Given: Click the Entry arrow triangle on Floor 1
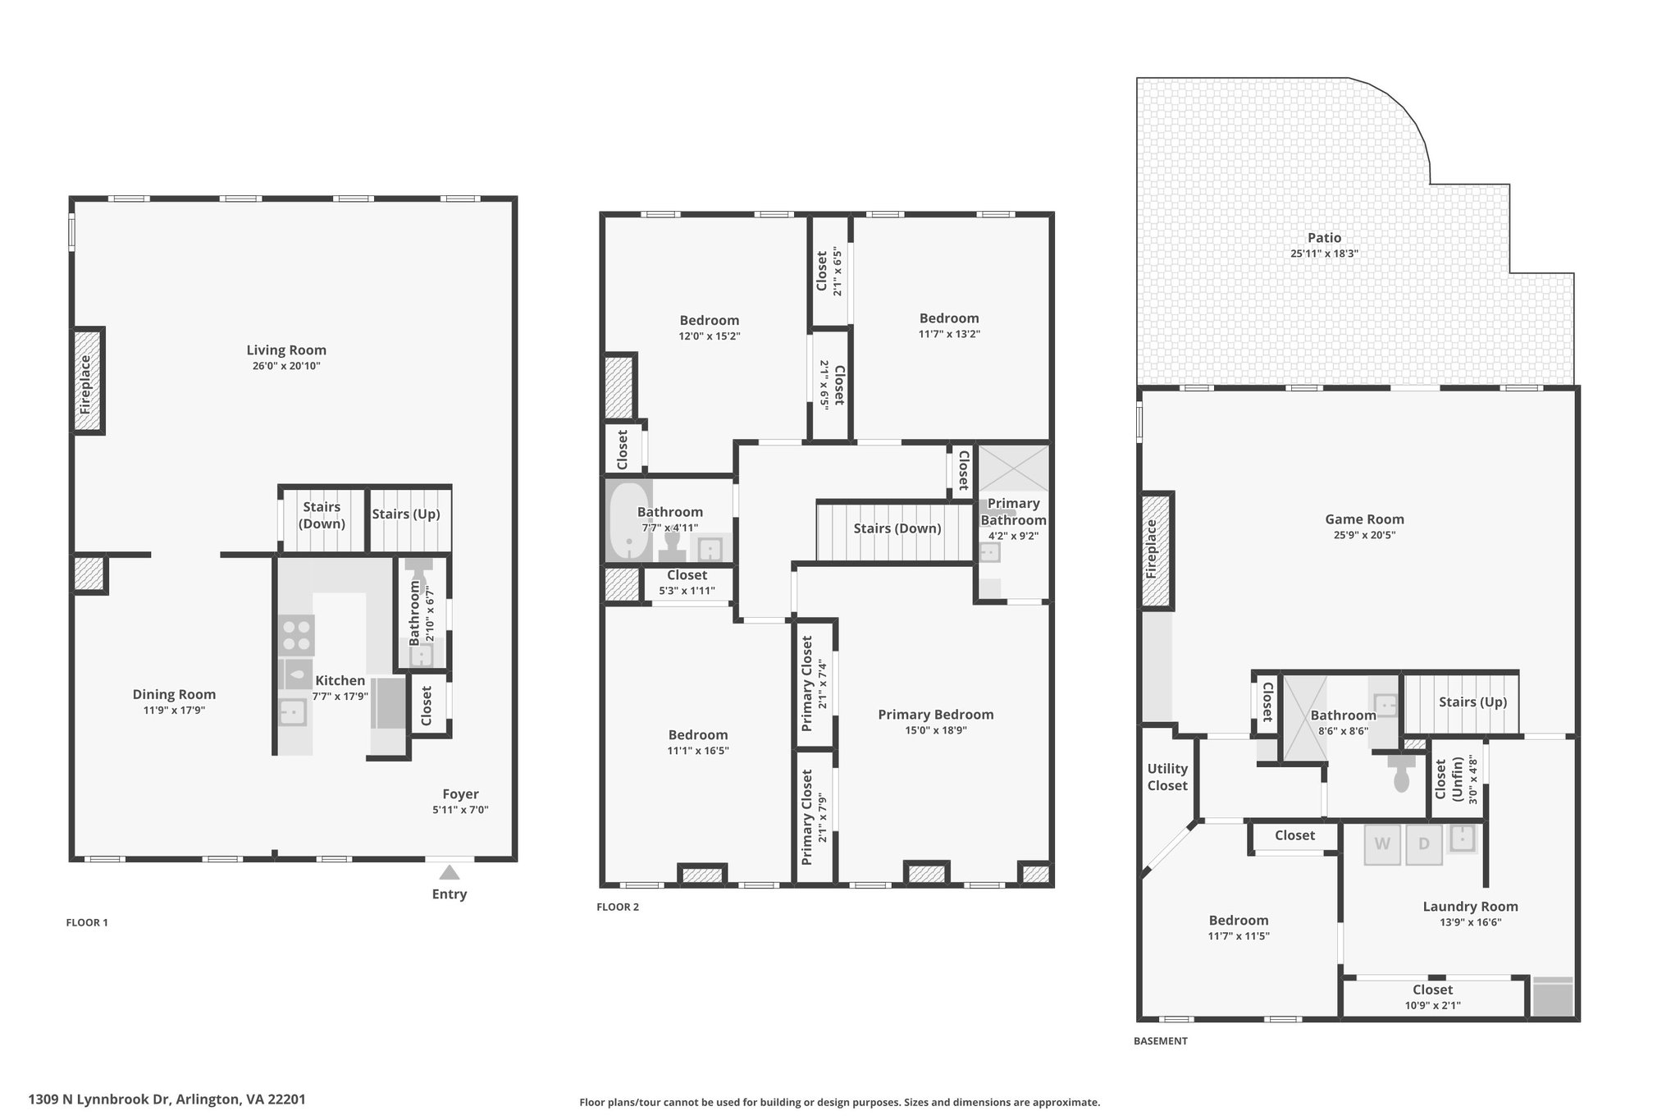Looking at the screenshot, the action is tap(450, 872).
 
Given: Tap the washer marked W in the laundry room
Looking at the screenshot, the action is tap(1382, 844).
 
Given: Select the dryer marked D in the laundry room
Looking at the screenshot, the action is tap(1424, 844).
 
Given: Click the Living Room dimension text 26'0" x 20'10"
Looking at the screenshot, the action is tap(286, 366).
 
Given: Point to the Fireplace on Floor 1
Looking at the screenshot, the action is tap(86, 381).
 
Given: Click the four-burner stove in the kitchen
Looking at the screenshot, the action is tap(296, 635).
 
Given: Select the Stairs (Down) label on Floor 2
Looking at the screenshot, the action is tap(897, 528).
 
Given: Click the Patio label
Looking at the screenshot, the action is tap(1325, 238).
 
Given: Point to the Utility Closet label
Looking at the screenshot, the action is tap(1167, 777).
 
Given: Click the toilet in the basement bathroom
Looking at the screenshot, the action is tap(1401, 773).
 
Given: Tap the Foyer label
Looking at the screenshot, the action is tap(460, 793).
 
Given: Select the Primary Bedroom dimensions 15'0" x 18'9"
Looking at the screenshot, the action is tap(936, 730).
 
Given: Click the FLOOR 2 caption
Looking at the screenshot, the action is tap(618, 907).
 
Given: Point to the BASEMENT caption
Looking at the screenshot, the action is tap(1161, 1041).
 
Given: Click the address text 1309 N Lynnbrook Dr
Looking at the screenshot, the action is tap(100, 1099).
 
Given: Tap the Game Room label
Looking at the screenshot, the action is tap(1365, 519).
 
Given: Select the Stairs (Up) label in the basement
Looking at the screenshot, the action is tap(1473, 702).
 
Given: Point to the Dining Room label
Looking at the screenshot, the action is tap(174, 695).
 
